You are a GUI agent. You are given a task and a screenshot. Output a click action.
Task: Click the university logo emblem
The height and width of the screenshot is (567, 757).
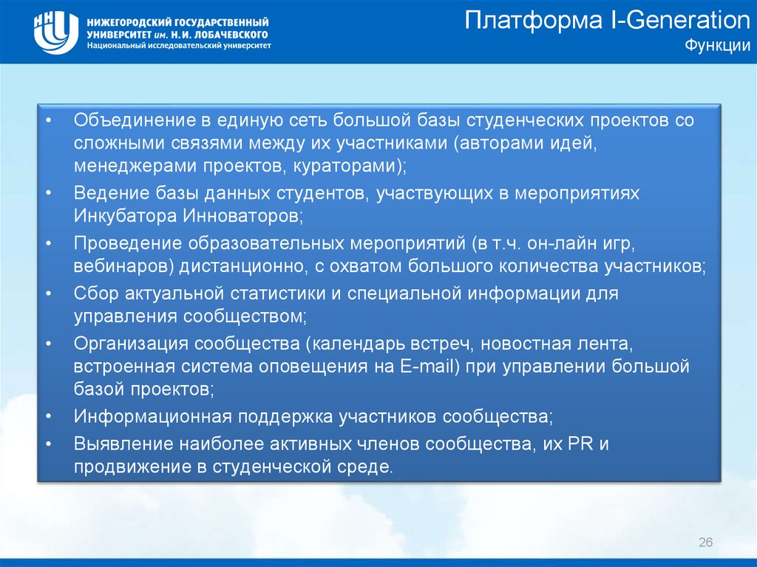pos(56,32)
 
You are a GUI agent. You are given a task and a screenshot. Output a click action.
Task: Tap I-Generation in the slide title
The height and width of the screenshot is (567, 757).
pos(681,21)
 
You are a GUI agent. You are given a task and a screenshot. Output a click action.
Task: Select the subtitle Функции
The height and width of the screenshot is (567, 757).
pos(718,45)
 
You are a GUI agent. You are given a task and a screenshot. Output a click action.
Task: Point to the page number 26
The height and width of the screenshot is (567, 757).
pos(705,542)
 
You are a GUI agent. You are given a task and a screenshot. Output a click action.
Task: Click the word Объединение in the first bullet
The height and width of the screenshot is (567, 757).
pos(135,120)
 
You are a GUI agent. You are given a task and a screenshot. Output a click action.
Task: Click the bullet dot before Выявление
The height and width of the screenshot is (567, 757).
pos(49,444)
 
